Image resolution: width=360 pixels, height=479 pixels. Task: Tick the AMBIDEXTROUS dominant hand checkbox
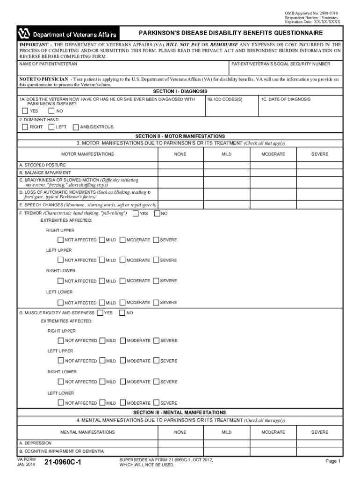[x=76, y=127]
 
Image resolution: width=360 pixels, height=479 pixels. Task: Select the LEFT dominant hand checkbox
[x=51, y=127]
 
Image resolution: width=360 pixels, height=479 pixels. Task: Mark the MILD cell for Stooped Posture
[x=226, y=165]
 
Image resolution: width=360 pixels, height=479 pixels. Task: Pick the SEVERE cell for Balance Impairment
[x=320, y=173]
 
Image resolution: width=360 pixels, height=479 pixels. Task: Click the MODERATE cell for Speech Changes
[x=273, y=204]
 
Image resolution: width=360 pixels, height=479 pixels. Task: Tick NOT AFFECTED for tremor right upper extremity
[x=60, y=240]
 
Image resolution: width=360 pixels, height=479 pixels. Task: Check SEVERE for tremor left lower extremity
[x=156, y=303]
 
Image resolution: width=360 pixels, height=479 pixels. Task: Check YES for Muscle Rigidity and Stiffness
[x=100, y=313]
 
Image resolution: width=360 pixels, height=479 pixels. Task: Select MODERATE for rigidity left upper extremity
[x=122, y=361]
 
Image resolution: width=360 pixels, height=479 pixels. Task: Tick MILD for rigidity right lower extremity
[x=102, y=382]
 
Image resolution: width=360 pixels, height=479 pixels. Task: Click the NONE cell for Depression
[x=180, y=443]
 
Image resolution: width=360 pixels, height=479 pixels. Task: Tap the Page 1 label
[x=333, y=461]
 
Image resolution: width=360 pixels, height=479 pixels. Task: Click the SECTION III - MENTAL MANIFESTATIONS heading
[x=180, y=413]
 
